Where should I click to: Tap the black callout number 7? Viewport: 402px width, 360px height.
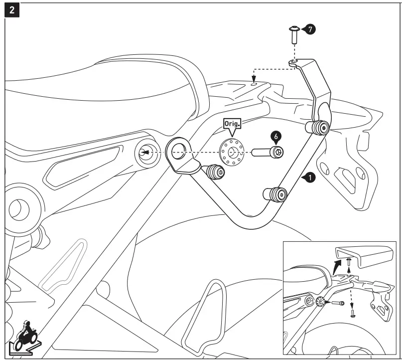pyautogui.click(x=309, y=29)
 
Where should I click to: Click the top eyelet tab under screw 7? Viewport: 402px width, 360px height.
pyautogui.click(x=294, y=62)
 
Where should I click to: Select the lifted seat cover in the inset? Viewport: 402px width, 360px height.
pyautogui.click(x=363, y=255)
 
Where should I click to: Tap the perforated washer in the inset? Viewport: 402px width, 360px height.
pyautogui.click(x=320, y=301)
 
